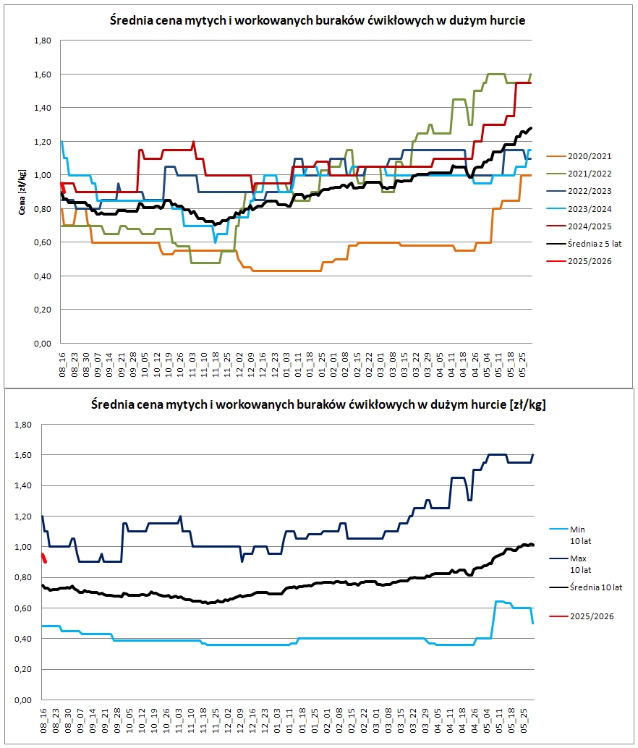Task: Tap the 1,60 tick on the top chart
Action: pos(42,75)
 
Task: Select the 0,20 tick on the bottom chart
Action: pos(25,670)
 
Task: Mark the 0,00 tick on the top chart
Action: pos(42,344)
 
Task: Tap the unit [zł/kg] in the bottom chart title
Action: pos(524,404)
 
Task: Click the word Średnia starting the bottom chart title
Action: pos(111,404)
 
